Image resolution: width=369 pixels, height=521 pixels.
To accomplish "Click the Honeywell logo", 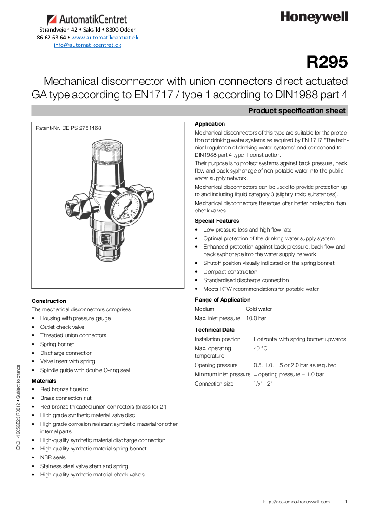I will pyautogui.click(x=314, y=18).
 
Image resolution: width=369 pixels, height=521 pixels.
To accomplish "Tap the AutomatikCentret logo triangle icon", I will pyautogui.click(x=52, y=20).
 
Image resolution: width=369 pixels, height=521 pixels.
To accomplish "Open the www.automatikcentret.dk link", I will pyautogui.click(x=105, y=37).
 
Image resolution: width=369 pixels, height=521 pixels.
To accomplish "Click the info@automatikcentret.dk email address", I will pyautogui.click(x=87, y=45).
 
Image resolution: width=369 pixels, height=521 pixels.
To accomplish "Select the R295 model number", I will pyautogui.click(x=327, y=62).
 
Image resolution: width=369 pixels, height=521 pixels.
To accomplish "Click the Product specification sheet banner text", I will pyautogui.click(x=297, y=111).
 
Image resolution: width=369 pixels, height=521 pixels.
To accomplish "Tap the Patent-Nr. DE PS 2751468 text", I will pyautogui.click(x=68, y=128).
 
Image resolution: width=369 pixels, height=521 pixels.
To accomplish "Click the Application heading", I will pyautogui.click(x=210, y=124).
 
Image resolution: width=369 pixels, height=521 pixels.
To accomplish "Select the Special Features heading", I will pyautogui.click(x=217, y=221).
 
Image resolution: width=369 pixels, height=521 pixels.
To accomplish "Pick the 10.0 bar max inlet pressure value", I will pyautogui.click(x=256, y=318).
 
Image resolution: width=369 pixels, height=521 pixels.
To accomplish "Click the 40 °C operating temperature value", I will pyautogui.click(x=260, y=348).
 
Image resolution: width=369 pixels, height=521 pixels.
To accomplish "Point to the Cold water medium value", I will pyautogui.click(x=259, y=309).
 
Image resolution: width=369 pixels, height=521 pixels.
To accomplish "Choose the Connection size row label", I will pyautogui.click(x=214, y=384).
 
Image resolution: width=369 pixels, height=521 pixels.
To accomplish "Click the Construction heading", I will pyautogui.click(x=49, y=301).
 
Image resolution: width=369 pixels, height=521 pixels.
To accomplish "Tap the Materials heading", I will pyautogui.click(x=44, y=381).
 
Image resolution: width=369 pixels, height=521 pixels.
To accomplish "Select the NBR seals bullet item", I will pyautogui.click(x=53, y=457).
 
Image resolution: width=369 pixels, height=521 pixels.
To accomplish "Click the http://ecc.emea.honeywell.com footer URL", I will pyautogui.click(x=296, y=502).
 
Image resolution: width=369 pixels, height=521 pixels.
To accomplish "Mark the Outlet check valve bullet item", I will pyautogui.click(x=62, y=327).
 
